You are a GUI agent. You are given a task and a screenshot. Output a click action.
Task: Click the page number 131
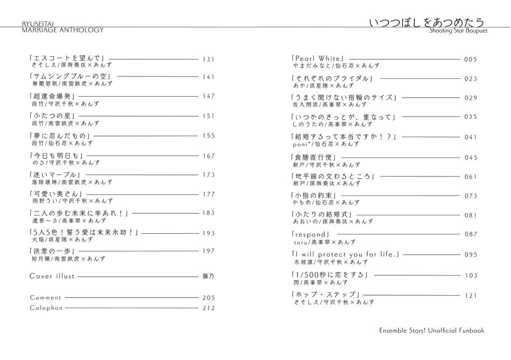click(208, 59)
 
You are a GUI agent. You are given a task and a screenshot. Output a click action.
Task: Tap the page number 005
click(471, 59)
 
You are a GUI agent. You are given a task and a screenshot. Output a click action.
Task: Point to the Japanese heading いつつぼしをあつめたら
click(427, 23)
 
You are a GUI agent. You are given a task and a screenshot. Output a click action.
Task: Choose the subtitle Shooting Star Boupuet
click(458, 31)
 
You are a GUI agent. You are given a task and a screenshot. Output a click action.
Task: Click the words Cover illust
click(52, 276)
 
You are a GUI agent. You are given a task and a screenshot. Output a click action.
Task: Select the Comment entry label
click(45, 298)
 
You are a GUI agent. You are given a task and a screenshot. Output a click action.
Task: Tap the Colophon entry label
click(46, 308)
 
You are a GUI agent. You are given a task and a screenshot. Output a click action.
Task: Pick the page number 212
click(209, 308)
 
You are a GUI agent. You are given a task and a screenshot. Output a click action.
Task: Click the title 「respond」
click(310, 234)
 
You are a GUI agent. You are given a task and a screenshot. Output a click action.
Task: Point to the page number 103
click(471, 275)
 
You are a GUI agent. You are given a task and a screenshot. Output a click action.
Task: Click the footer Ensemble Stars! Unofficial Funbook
click(432, 330)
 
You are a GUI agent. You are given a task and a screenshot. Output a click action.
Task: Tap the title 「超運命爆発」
click(52, 96)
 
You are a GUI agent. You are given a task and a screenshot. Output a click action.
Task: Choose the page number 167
click(209, 156)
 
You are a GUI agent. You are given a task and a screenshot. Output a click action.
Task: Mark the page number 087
click(471, 234)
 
